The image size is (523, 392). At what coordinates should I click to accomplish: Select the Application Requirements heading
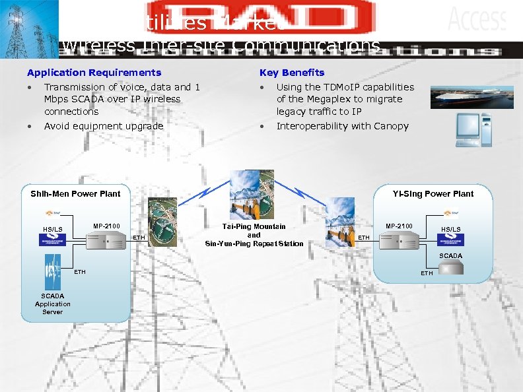tap(94, 73)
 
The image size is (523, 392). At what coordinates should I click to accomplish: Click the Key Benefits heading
tap(292, 73)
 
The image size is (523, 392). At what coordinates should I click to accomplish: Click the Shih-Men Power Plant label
tap(75, 194)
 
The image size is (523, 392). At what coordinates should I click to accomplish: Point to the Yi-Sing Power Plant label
tap(433, 194)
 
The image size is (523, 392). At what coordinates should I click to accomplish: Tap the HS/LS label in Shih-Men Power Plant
tap(53, 230)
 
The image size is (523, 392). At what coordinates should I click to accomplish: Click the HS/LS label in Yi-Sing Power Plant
tap(451, 230)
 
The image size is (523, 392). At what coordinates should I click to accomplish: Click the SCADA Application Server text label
tap(53, 304)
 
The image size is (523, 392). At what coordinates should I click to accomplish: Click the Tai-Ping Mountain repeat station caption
tap(254, 236)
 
